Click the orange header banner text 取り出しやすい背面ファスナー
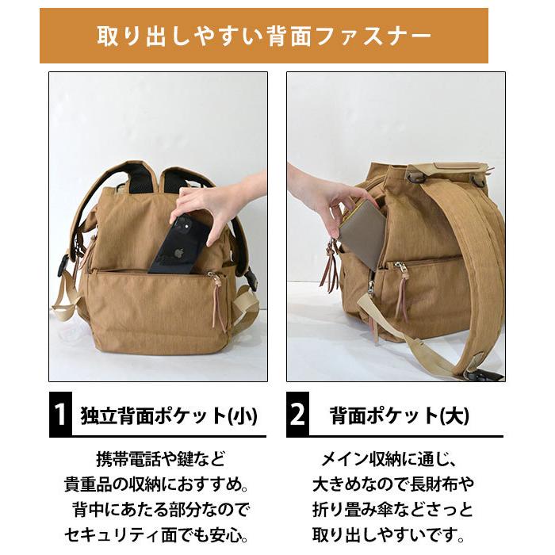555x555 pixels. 264,36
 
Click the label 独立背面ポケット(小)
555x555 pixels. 169,415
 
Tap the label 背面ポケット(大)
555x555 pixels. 399,415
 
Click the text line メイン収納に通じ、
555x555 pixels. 391,458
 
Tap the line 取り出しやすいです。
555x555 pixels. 391,534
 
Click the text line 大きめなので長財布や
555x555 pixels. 391,484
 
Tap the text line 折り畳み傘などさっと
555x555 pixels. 391,508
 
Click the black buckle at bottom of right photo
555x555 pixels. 480,373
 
